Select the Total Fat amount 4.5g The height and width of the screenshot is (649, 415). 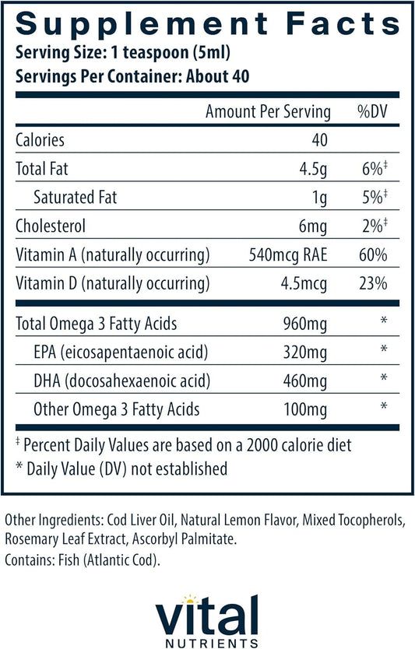click(x=315, y=168)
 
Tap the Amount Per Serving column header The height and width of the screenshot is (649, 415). click(x=267, y=112)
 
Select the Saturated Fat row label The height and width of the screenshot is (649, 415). click(x=76, y=197)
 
